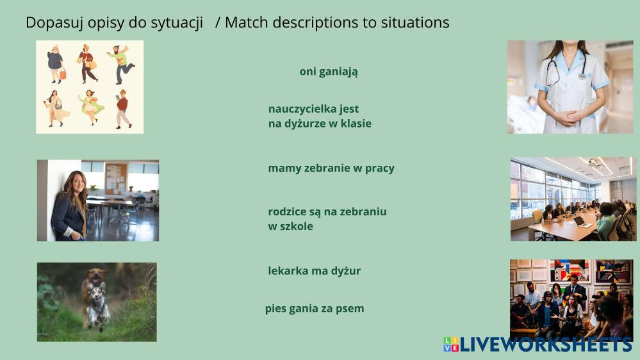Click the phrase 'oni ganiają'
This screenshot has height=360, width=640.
329,72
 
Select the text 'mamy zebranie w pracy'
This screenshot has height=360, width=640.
331,168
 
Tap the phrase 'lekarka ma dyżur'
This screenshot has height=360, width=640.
315,271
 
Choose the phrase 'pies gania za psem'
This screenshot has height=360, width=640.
315,309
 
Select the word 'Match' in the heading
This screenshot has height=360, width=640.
246,22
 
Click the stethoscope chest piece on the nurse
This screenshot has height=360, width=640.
582,76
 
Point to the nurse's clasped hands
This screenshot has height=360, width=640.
569,118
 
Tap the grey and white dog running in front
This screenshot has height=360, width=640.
98,306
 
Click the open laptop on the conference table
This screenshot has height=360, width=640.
582,222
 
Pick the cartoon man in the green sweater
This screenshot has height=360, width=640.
121,64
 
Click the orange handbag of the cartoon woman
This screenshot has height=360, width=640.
62,74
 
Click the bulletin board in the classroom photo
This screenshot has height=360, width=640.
117,178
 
